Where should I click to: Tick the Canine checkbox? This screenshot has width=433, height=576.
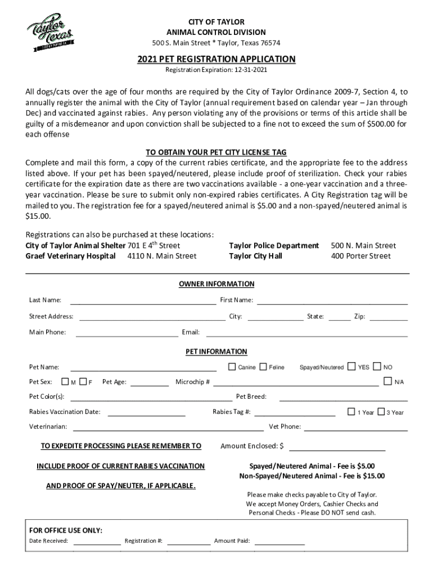[x=232, y=367]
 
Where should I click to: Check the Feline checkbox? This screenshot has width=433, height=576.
[x=263, y=367]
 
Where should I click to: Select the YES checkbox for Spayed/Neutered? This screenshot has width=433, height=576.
[x=352, y=367]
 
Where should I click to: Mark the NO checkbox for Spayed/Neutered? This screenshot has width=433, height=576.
[x=377, y=367]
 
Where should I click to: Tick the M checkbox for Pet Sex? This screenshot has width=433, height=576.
[x=65, y=382]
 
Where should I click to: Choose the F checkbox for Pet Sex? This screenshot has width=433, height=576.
[x=83, y=382]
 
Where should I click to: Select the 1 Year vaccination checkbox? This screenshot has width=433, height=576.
[x=352, y=412]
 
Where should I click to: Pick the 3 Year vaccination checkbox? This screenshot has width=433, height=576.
[x=381, y=412]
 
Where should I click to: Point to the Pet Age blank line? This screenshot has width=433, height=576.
[x=150, y=385]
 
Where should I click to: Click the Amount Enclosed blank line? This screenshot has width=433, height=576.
[x=337, y=449]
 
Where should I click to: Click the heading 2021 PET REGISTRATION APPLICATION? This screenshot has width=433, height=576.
[x=216, y=59]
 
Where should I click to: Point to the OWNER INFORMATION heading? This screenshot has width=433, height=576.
[x=216, y=284]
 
